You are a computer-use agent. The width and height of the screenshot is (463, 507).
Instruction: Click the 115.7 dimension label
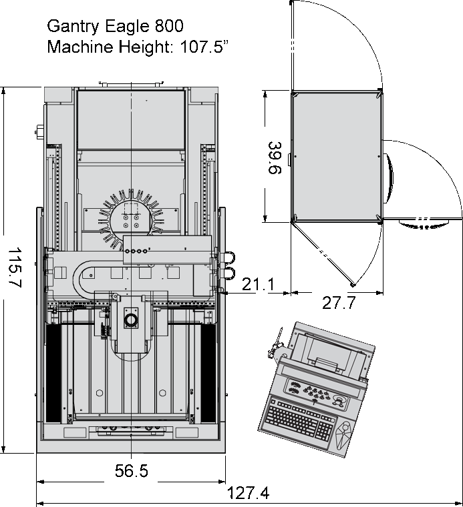(x=15, y=268)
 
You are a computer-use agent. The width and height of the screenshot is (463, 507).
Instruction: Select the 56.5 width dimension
(x=132, y=470)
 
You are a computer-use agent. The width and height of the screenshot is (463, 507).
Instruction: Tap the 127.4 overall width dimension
(x=248, y=494)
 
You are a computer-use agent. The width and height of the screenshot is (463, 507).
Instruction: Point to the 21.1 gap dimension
(x=258, y=284)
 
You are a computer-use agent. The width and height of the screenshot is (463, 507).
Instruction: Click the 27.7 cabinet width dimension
(x=339, y=303)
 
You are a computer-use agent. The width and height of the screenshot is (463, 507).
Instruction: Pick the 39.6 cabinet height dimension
(x=275, y=157)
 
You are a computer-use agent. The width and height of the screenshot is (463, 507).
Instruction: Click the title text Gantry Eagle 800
(x=116, y=26)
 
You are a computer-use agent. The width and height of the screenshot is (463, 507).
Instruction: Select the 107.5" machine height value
(x=204, y=47)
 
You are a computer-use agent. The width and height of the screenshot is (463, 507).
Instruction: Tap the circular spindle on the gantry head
(x=132, y=320)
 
